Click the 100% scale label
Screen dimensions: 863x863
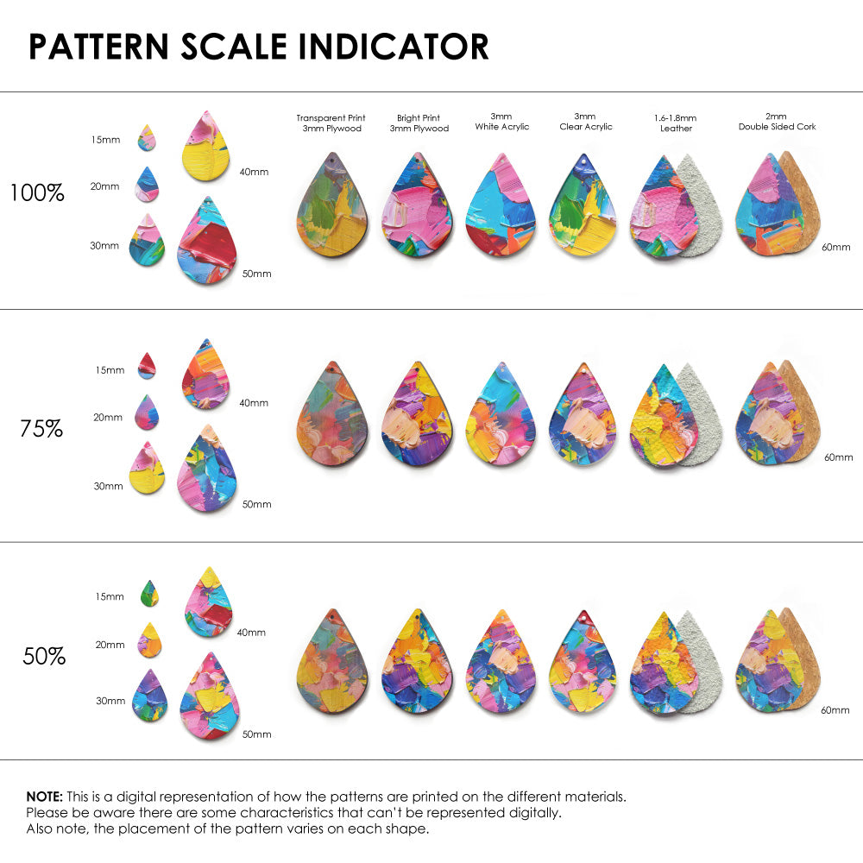pos(37,192)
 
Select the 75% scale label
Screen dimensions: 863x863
pos(41,427)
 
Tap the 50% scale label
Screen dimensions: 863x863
pos(44,656)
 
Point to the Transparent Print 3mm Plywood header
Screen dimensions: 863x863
pos(331,123)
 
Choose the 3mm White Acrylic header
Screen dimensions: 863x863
pos(501,122)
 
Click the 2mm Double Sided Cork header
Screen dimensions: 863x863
pos(777,122)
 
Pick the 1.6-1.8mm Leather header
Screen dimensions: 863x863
pos(676,123)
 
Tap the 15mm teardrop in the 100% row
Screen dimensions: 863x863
pos(147,137)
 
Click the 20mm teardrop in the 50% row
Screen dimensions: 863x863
pos(149,639)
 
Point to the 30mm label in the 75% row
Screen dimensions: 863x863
pos(108,486)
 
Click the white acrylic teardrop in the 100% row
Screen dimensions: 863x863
pos(501,207)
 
